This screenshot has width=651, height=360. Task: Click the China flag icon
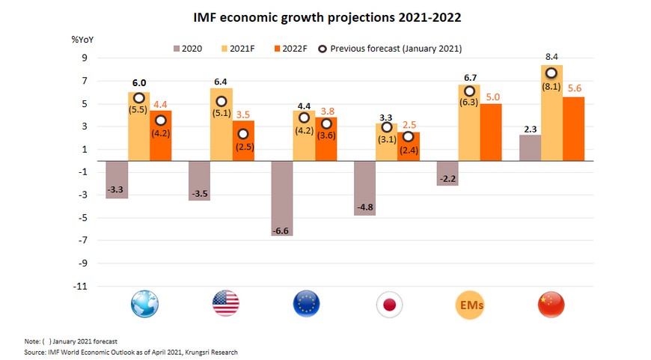(551, 304)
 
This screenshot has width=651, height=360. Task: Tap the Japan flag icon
(390, 304)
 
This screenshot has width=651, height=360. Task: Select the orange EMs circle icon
(471, 304)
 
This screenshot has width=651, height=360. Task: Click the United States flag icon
(225, 304)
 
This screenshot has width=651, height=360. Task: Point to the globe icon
(144, 304)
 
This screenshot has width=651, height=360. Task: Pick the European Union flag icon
(306, 304)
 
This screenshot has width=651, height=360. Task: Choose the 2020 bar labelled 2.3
(529, 147)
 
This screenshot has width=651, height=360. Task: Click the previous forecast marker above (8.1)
(551, 73)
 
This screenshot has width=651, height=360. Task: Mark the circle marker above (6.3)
(469, 91)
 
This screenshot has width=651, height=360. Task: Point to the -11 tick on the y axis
(80, 286)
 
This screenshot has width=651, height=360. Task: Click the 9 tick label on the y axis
(85, 58)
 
